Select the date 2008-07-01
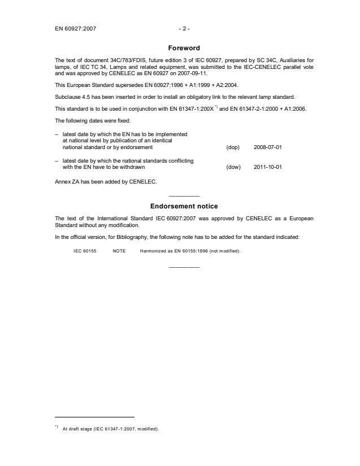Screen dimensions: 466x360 coord(268,147)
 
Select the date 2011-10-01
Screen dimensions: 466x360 coord(268,167)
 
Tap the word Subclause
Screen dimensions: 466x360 coord(68,97)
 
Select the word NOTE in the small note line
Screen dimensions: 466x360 coord(119,251)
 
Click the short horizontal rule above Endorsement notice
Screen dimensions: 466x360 coord(184,195)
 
